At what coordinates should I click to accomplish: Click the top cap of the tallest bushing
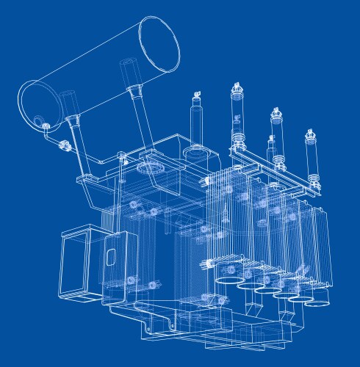tap(237, 91)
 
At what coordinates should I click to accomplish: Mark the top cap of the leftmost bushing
tap(196, 96)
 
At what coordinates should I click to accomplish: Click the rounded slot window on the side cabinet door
tap(112, 255)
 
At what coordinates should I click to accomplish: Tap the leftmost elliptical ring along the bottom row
tap(228, 279)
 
